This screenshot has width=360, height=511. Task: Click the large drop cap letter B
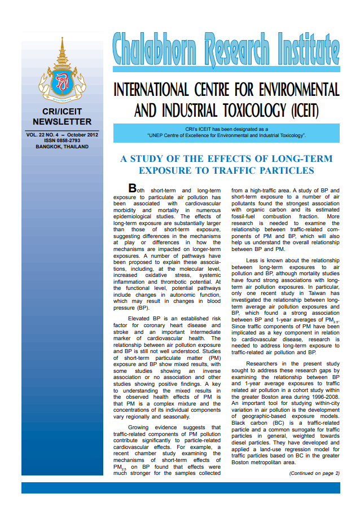click(133, 188)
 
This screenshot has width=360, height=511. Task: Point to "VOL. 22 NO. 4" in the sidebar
click(43, 135)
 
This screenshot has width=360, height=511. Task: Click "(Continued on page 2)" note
click(314, 473)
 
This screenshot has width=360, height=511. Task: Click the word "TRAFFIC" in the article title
click(243, 170)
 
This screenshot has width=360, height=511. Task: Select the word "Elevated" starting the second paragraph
click(142, 319)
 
